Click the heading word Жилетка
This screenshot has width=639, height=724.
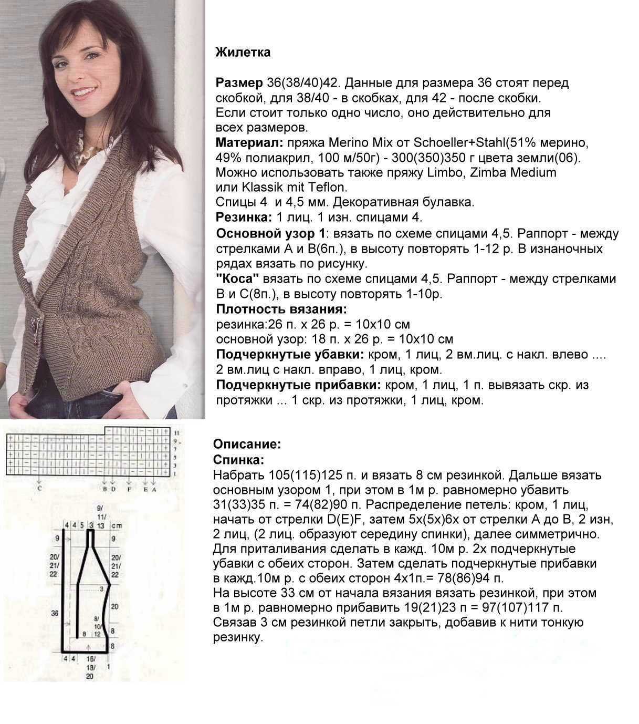click(x=243, y=53)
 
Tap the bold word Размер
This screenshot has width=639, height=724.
click(x=239, y=83)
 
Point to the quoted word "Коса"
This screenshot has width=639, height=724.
click(x=238, y=279)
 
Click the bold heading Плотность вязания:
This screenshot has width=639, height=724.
click(x=281, y=309)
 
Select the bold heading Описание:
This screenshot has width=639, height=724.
click(x=247, y=444)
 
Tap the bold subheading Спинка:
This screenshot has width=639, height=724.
click(x=239, y=460)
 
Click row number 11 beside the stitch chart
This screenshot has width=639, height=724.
click(x=176, y=432)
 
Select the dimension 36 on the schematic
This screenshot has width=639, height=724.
click(x=54, y=613)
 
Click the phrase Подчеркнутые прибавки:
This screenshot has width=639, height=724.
click(x=298, y=385)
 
